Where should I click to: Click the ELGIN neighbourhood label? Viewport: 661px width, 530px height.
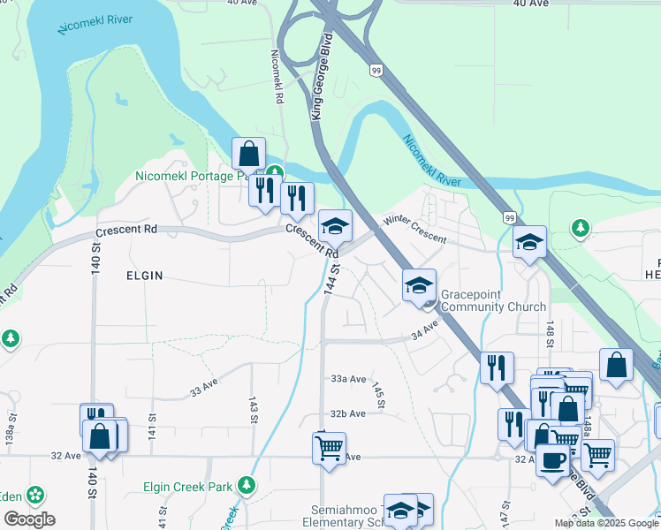pos(145,276)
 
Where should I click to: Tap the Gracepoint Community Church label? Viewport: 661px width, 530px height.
pos(482,300)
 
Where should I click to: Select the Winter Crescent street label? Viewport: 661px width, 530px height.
pos(414,230)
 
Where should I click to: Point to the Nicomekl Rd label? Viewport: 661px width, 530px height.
pos(277,76)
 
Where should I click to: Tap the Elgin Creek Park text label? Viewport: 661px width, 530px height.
pos(188,487)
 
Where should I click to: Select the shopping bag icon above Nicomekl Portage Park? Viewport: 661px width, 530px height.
pos(249,153)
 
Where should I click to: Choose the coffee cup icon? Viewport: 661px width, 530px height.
pos(553,459)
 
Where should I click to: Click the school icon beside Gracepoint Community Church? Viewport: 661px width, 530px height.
pos(420,285)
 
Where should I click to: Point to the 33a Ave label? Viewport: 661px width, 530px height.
pos(348,378)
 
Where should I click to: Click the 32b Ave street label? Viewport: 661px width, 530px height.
pos(348,413)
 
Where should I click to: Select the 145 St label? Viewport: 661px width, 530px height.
pos(378,395)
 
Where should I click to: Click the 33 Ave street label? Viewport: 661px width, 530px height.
pos(203,388)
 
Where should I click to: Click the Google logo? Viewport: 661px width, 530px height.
pos(30,519)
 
